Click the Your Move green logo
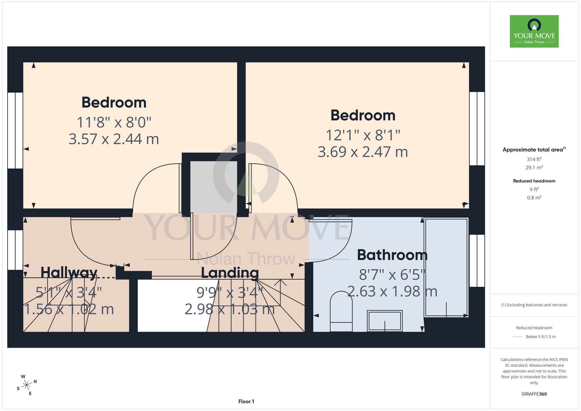(x=534, y=31)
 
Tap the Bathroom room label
(x=392, y=255)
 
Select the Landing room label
(x=230, y=273)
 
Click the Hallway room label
(x=69, y=273)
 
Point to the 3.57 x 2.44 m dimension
(x=114, y=139)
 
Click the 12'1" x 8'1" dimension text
(x=363, y=135)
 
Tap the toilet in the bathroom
(x=341, y=311)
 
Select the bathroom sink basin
(x=385, y=321)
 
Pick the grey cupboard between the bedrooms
(x=214, y=187)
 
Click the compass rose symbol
(x=27, y=385)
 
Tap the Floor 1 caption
(x=246, y=401)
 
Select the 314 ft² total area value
(x=534, y=159)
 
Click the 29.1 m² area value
(x=534, y=167)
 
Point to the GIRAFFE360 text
(x=534, y=394)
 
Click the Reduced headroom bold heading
(x=534, y=181)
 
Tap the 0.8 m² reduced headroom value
(x=534, y=198)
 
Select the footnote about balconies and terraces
(x=534, y=305)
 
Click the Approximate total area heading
(x=534, y=149)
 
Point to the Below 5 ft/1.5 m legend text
(x=541, y=337)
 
